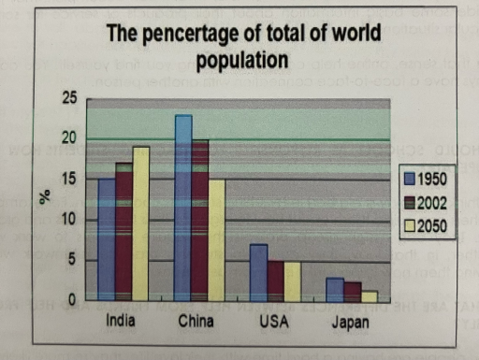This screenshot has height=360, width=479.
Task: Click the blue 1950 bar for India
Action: (x=107, y=239)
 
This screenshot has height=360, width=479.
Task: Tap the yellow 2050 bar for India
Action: (x=140, y=223)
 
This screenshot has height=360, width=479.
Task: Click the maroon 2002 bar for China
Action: (x=200, y=221)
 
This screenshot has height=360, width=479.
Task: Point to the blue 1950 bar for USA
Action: (x=259, y=272)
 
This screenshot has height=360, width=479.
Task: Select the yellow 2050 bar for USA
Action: (x=293, y=281)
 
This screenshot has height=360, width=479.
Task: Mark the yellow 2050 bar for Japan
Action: (x=369, y=295)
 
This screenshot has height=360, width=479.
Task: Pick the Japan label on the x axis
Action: (x=350, y=324)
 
